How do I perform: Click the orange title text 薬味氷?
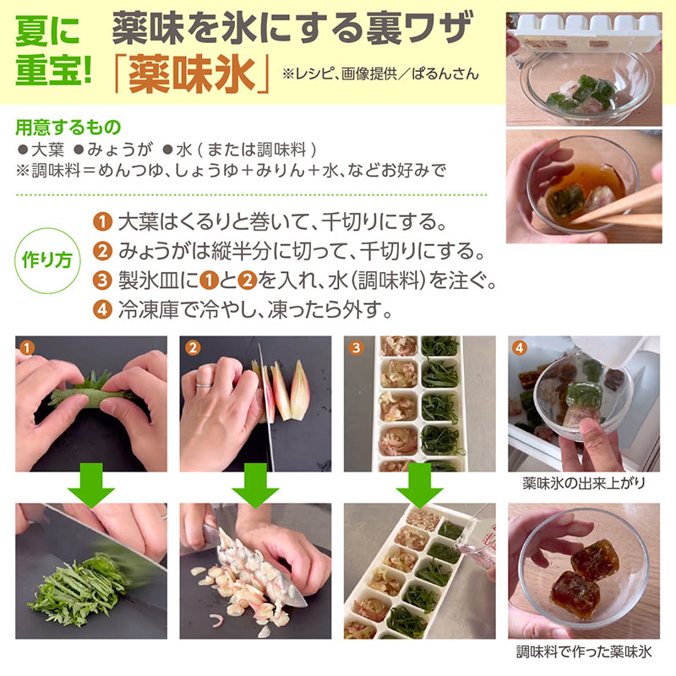tap(192, 74)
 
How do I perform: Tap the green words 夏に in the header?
tap(47, 31)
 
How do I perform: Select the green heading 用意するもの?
tap(68, 128)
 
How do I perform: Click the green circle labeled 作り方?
tap(47, 260)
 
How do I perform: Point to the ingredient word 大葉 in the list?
tap(47, 150)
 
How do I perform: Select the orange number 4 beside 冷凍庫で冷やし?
tap(102, 309)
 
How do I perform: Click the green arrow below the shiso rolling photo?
tap(91, 485)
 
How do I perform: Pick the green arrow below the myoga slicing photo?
tap(255, 485)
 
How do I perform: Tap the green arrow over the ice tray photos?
tap(419, 485)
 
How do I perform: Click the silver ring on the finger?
tap(204, 383)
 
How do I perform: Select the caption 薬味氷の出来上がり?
tap(584, 483)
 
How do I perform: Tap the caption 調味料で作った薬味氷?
tap(584, 651)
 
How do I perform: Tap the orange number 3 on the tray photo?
tap(356, 347)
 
